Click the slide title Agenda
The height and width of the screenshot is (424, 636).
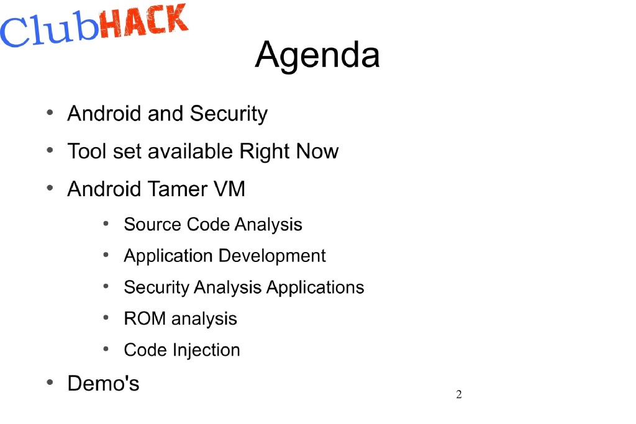click(317, 54)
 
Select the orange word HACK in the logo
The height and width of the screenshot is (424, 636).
click(142, 21)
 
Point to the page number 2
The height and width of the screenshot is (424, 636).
click(459, 395)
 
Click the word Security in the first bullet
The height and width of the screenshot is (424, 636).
click(229, 114)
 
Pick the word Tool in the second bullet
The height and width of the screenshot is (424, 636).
click(88, 151)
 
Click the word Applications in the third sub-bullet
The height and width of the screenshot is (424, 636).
click(315, 287)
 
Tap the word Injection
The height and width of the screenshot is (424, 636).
click(206, 350)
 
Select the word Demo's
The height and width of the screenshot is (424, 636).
click(103, 383)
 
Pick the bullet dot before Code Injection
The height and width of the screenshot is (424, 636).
click(106, 349)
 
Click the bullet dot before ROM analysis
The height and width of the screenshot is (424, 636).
click(106, 317)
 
